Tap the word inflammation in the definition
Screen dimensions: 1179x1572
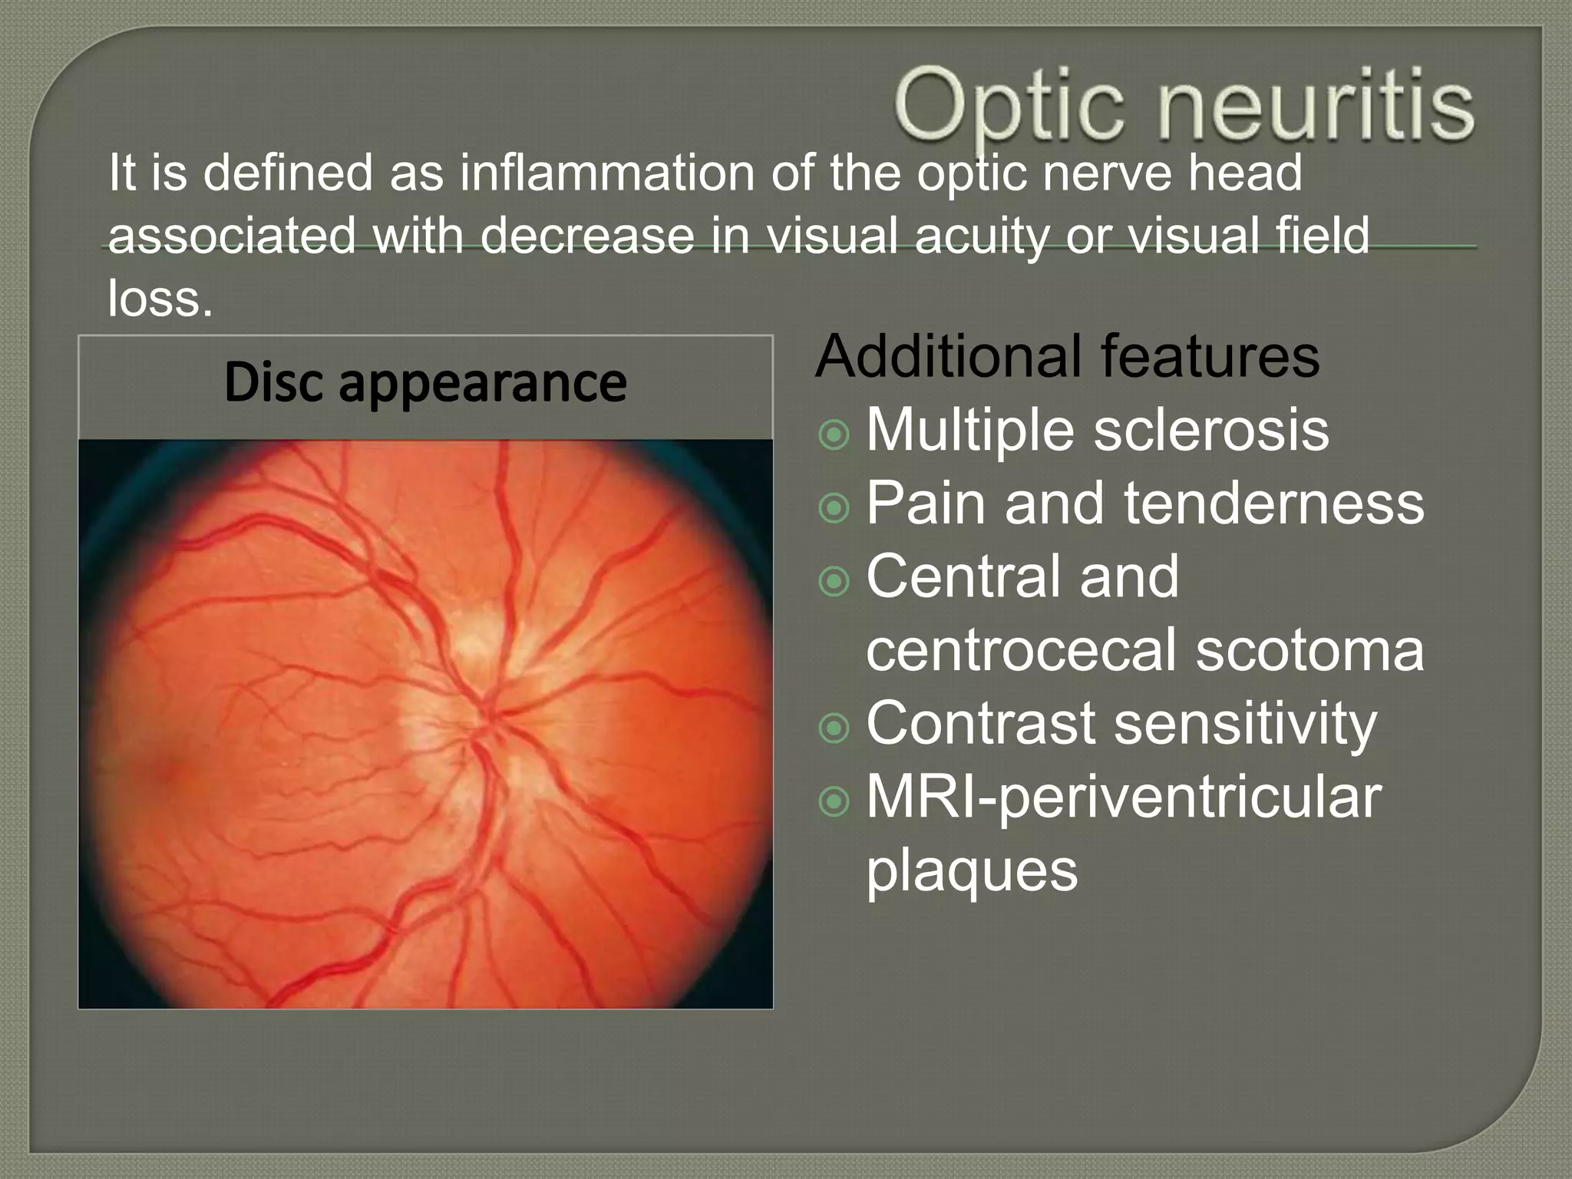[x=606, y=173]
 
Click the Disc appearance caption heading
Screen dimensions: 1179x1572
[x=425, y=382]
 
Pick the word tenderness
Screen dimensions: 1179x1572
[x=1273, y=503]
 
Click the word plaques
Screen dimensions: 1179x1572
[x=972, y=870]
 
